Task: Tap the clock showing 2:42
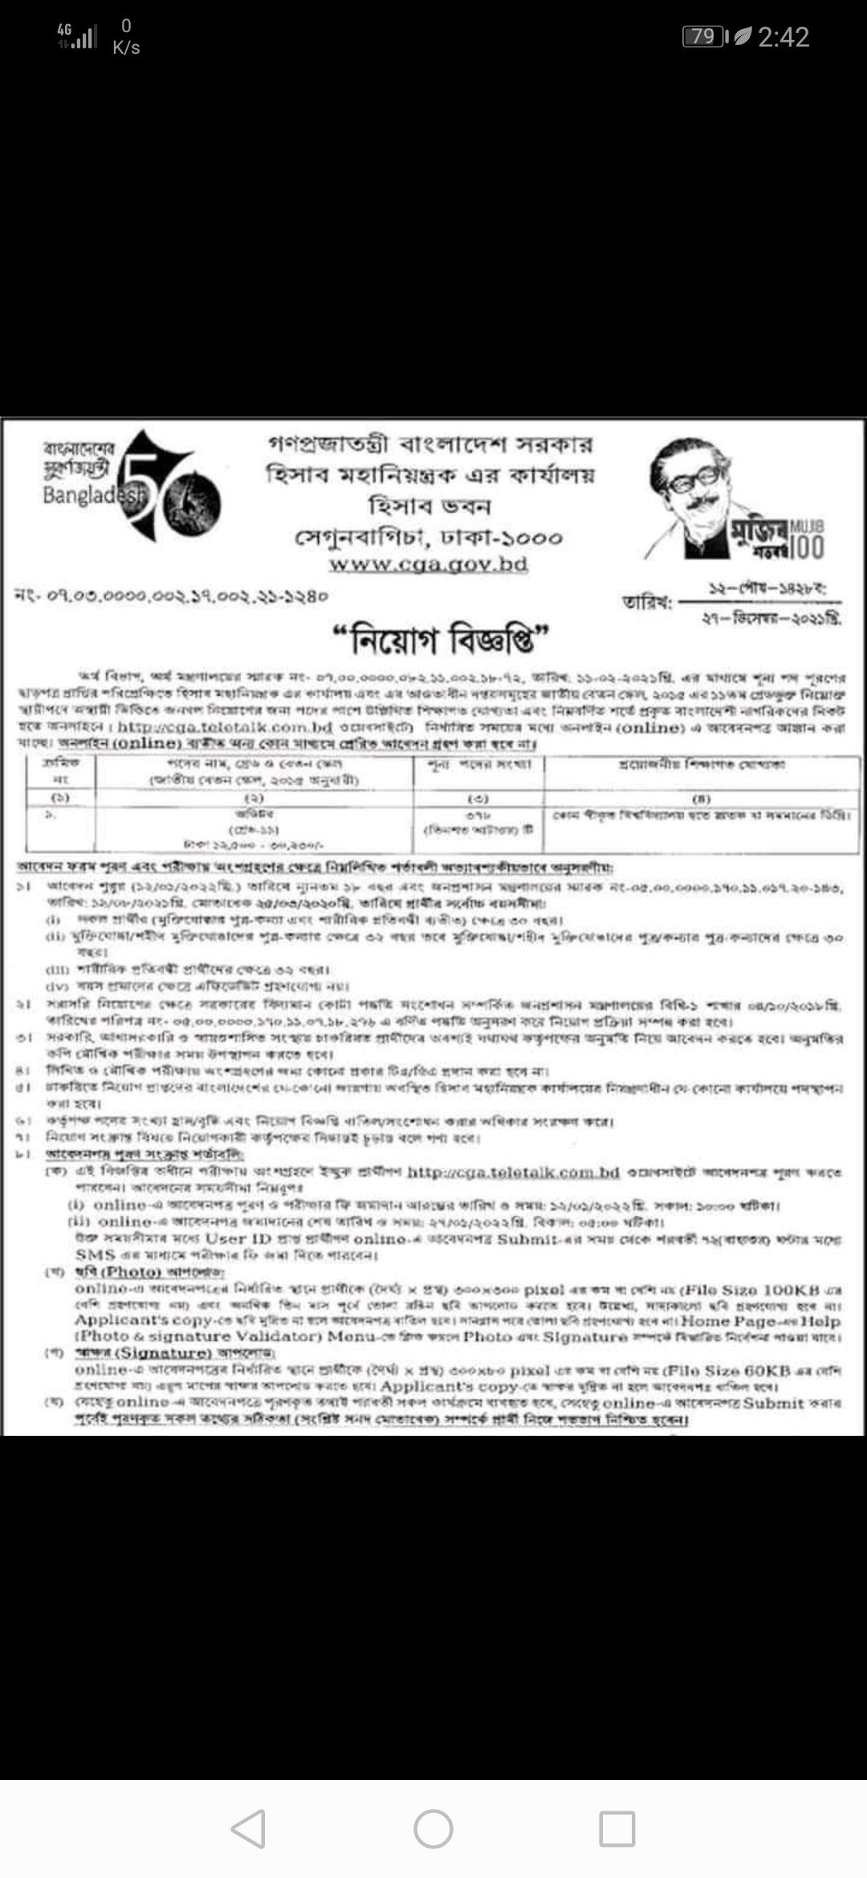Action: coord(783,37)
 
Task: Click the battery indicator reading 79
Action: coord(704,36)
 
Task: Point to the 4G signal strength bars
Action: coord(78,36)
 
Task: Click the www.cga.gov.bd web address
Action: coord(428,564)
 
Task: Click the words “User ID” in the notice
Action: coord(238,1238)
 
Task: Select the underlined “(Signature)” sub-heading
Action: coord(165,1353)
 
